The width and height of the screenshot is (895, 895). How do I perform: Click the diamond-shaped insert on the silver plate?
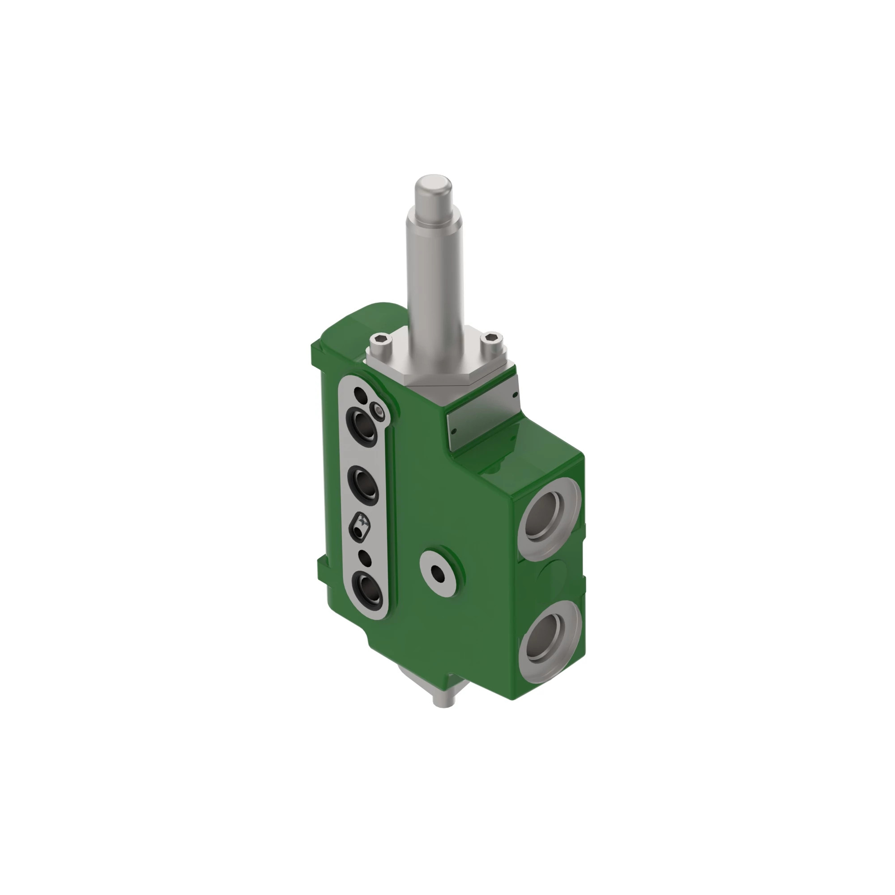pos(361,527)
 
